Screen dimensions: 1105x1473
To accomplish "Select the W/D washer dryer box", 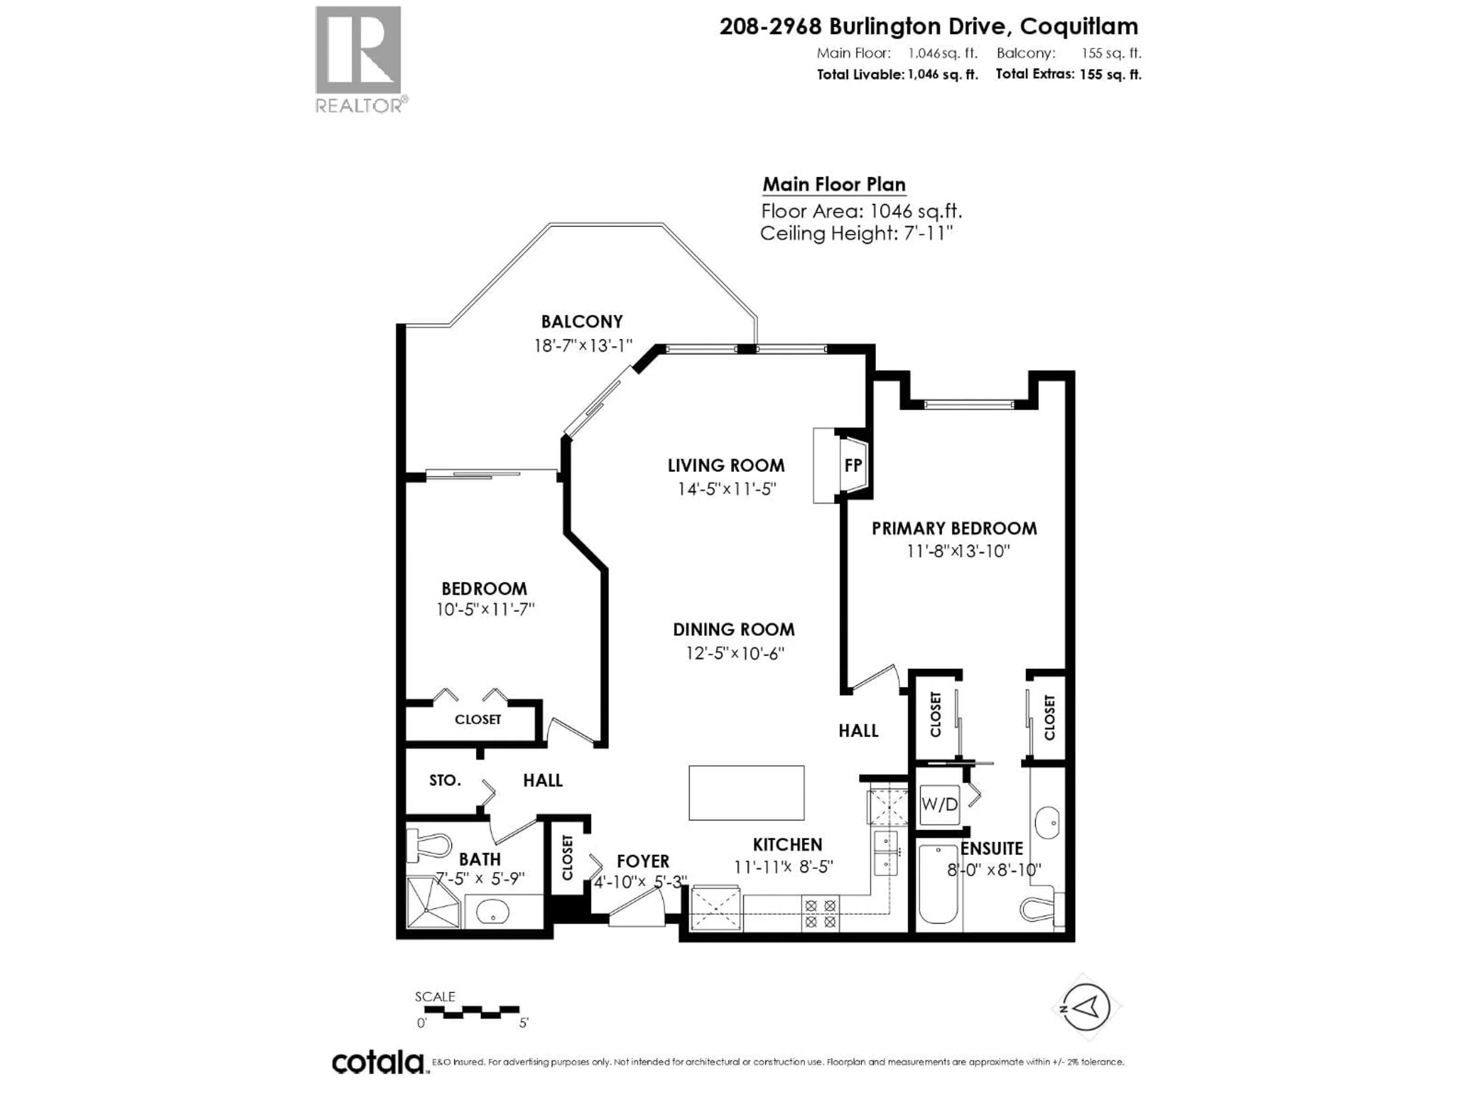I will tap(939, 804).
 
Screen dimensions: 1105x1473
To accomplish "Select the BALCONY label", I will tap(582, 322).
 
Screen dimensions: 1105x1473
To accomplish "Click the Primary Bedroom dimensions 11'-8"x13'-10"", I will tap(957, 551).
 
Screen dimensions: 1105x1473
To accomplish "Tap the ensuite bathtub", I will tap(938, 883).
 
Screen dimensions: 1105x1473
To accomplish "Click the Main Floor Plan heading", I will tap(834, 185).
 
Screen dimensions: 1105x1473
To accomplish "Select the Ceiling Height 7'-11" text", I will tap(856, 234).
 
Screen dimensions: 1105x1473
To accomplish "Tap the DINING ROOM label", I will tap(733, 630).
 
